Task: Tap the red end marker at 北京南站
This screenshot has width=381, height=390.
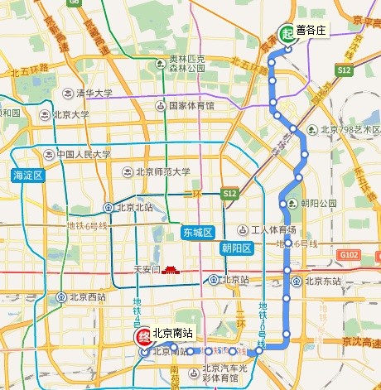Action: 142,338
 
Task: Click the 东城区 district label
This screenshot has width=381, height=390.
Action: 198,233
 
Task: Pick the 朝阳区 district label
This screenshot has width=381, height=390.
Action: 238,248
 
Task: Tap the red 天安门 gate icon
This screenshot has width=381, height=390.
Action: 170,269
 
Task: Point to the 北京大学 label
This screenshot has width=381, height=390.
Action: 70,115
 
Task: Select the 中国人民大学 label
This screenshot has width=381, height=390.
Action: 83,154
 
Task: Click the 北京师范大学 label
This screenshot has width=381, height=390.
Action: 162,172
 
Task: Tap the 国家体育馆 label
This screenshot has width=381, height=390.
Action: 190,106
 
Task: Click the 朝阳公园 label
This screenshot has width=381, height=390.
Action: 318,203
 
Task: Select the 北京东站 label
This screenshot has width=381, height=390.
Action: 322,281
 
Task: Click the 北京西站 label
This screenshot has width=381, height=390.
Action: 85,296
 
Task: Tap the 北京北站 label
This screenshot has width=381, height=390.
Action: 137,208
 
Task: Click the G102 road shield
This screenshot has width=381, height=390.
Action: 349,255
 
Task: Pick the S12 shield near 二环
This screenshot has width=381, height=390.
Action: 230,193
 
